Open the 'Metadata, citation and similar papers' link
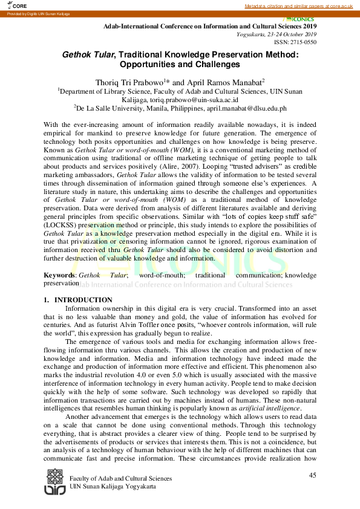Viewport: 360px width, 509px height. [x=298, y=5]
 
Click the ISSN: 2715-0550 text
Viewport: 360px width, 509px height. [x=295, y=42]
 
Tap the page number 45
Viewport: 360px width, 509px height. [x=312, y=475]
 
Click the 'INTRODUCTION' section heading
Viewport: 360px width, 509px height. [x=83, y=300]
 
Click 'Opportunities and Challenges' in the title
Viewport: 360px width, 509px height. [x=180, y=65]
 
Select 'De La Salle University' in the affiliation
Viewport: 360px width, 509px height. [x=109, y=108]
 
